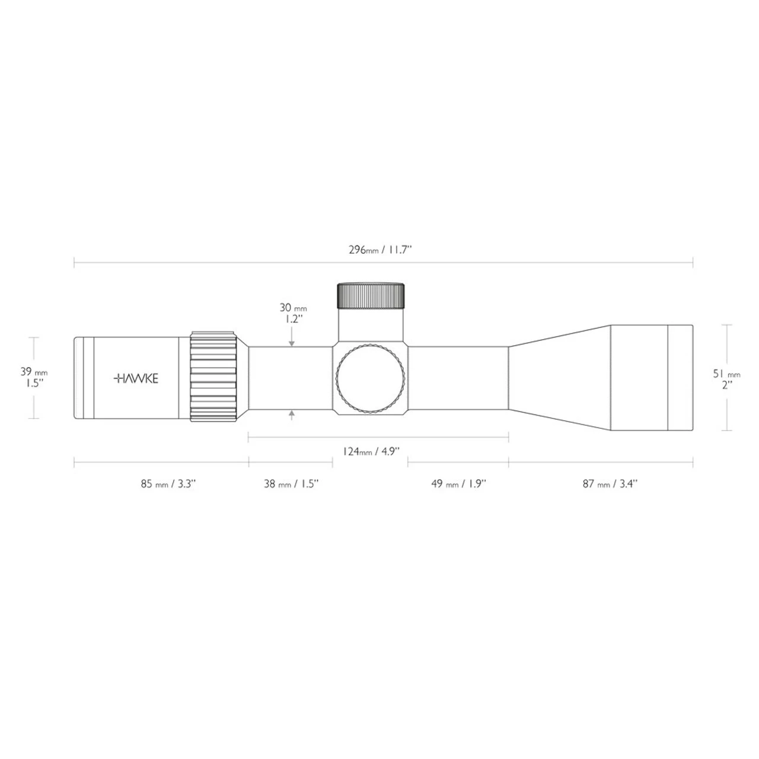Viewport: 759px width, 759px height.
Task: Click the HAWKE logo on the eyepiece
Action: pos(136,378)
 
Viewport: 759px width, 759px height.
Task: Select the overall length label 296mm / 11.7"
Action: pos(379,250)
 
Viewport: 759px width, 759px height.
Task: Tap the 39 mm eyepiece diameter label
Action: pos(34,372)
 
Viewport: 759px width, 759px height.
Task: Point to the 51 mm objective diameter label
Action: pos(726,374)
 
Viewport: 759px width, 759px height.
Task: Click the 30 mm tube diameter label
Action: pos(293,308)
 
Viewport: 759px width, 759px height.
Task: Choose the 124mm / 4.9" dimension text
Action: pos(372,451)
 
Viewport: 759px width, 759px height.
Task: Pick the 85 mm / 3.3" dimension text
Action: pos(168,483)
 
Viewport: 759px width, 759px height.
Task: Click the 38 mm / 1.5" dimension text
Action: pos(291,483)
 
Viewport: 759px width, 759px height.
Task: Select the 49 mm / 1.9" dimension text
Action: pos(458,483)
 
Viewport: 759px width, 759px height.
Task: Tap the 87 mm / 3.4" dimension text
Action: pos(609,483)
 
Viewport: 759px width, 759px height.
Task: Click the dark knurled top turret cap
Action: pos(371,295)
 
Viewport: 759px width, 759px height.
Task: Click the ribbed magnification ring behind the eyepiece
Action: pos(213,377)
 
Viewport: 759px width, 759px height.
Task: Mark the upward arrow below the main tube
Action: pos(291,416)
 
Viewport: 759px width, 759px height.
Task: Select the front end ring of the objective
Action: pos(680,378)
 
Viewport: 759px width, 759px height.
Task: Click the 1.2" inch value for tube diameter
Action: pos(292,318)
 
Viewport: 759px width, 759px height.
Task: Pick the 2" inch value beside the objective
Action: pos(726,384)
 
